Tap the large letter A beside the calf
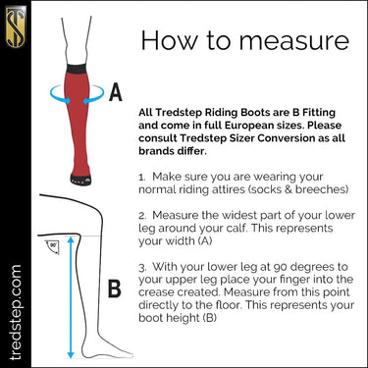115,94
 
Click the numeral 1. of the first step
142,172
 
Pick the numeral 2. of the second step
142,212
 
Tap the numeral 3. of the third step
142,266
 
